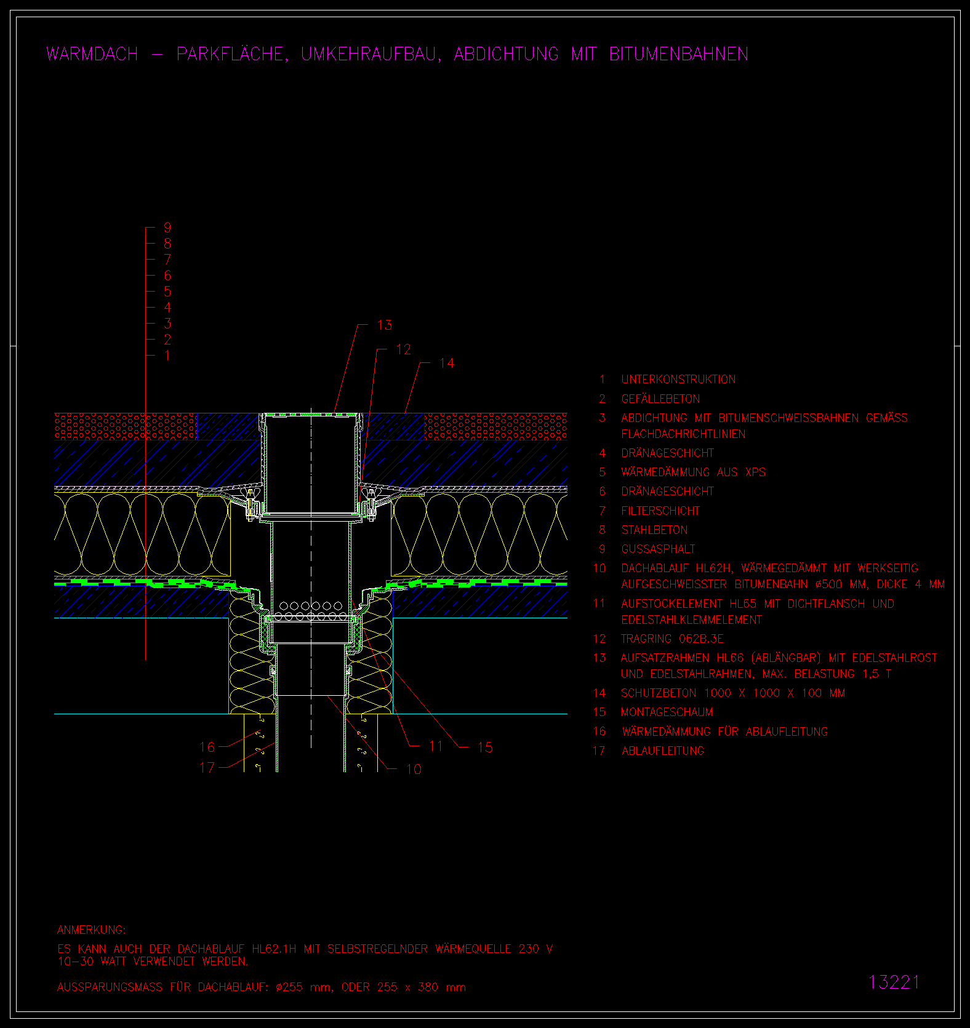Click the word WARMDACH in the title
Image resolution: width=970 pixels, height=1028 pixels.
(92, 54)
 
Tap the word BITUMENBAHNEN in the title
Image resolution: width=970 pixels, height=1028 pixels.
(678, 54)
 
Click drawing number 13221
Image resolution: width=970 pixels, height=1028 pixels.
(894, 982)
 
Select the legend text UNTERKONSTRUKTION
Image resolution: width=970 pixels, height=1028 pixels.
(678, 380)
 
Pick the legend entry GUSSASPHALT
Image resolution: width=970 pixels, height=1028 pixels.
(658, 549)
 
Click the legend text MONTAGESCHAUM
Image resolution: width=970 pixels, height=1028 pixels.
(667, 712)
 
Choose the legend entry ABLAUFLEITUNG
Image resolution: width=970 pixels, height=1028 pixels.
(663, 751)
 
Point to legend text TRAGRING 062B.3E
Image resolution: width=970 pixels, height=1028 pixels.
(672, 639)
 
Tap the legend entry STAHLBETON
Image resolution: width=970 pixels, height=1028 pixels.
(654, 530)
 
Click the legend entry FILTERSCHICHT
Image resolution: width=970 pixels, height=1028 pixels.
(660, 511)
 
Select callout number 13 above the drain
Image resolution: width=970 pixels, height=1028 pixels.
(385, 325)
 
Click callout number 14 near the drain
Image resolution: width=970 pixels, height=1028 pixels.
(447, 364)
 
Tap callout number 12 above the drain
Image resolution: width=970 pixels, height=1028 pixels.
(403, 349)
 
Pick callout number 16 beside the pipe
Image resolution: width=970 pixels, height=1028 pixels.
(207, 747)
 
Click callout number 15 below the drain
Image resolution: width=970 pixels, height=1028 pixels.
(485, 747)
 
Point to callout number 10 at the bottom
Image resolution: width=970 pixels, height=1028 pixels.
(414, 769)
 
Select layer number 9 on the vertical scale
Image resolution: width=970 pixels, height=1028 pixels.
(167, 228)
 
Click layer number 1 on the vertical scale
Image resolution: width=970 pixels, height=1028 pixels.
(167, 356)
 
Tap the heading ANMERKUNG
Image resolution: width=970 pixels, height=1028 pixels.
(92, 930)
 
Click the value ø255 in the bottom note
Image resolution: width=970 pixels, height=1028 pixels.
(289, 987)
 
